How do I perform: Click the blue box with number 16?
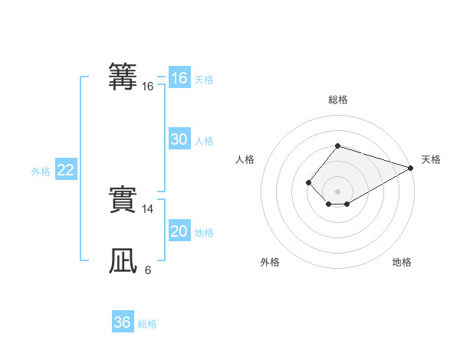[x=179, y=78]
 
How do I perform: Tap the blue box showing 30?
[x=179, y=139]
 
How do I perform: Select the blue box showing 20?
[x=179, y=231]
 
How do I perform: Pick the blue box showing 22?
[x=65, y=170]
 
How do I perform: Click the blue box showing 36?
[x=122, y=322]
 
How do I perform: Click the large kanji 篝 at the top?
[x=123, y=77]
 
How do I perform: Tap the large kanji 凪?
[x=123, y=261]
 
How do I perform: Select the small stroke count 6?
[x=148, y=270]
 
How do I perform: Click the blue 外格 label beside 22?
[x=41, y=172]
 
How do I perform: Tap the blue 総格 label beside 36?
[x=147, y=324]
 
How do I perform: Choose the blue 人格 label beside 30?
[x=204, y=141]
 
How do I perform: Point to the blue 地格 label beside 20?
[x=204, y=233]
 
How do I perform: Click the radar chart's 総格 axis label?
[x=337, y=100]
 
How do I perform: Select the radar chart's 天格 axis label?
[x=431, y=160]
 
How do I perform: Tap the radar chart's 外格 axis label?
[x=270, y=263]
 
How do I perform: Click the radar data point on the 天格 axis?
[x=411, y=168]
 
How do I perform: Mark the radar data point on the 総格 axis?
[x=337, y=146]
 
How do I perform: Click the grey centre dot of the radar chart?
[x=337, y=191]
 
